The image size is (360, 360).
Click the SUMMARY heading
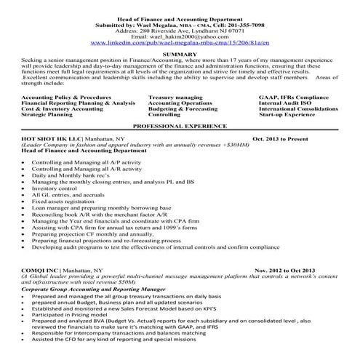(180, 54)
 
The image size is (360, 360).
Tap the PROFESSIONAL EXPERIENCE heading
(180, 126)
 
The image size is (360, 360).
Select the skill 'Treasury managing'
(175, 97)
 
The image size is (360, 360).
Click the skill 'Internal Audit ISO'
(285, 103)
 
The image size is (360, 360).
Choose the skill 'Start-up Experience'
(287, 115)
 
